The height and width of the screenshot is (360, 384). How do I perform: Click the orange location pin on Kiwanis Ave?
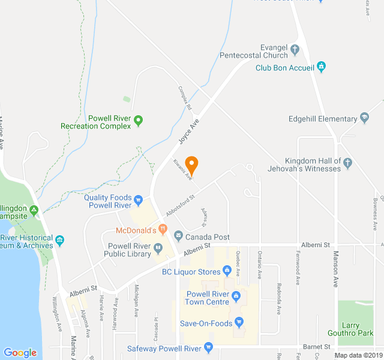(x=191, y=164)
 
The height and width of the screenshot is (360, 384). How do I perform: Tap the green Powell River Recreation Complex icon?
(x=138, y=121)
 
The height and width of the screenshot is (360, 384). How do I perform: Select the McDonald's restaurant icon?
(x=163, y=229)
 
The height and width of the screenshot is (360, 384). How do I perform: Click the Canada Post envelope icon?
(x=178, y=237)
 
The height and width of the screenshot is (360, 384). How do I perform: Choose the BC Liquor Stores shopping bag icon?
(x=227, y=271)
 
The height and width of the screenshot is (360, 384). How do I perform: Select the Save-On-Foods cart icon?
(x=239, y=323)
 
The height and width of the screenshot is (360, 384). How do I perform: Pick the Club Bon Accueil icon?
(x=321, y=67)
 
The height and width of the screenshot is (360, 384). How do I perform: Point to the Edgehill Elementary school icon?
(x=364, y=118)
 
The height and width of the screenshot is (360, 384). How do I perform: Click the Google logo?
(x=20, y=353)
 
